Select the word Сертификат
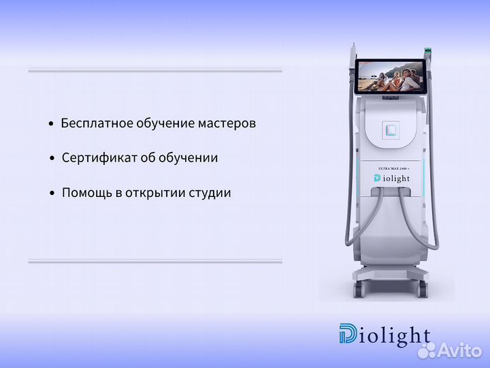tap(93, 158)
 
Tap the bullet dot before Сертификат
tap(52, 159)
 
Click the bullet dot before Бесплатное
tap(51, 124)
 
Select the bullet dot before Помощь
tap(52, 194)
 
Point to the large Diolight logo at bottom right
tap(385, 335)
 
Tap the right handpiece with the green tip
tap(427, 52)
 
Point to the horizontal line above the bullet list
tap(154, 70)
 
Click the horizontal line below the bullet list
tap(154, 260)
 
